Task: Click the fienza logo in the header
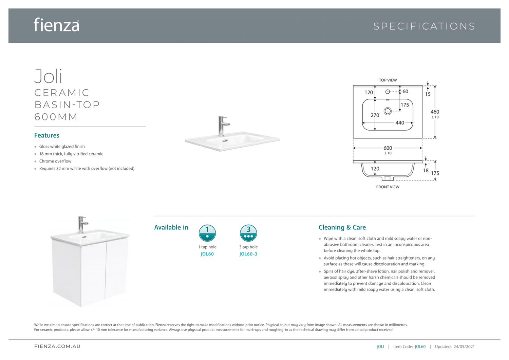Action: coord(57,25)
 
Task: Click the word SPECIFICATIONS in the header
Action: coord(424,26)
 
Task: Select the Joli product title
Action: coord(48,76)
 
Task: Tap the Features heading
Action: coord(47,135)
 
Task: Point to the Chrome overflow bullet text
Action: coord(55,161)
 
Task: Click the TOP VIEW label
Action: coord(388,80)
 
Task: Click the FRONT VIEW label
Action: coord(388,187)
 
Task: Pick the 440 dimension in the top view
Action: coord(400,123)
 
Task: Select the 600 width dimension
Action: coord(388,148)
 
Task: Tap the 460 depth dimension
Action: coord(435,112)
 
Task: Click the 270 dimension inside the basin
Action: coord(375,115)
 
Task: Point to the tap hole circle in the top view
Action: coord(388,92)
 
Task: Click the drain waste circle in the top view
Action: coord(388,111)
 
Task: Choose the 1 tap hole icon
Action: coord(207,233)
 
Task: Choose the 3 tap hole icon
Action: coord(248,233)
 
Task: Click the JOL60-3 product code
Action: coord(248,254)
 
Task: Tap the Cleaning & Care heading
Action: coord(342,227)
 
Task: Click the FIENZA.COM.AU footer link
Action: coord(57,346)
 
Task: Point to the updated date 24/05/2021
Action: coord(464,347)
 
